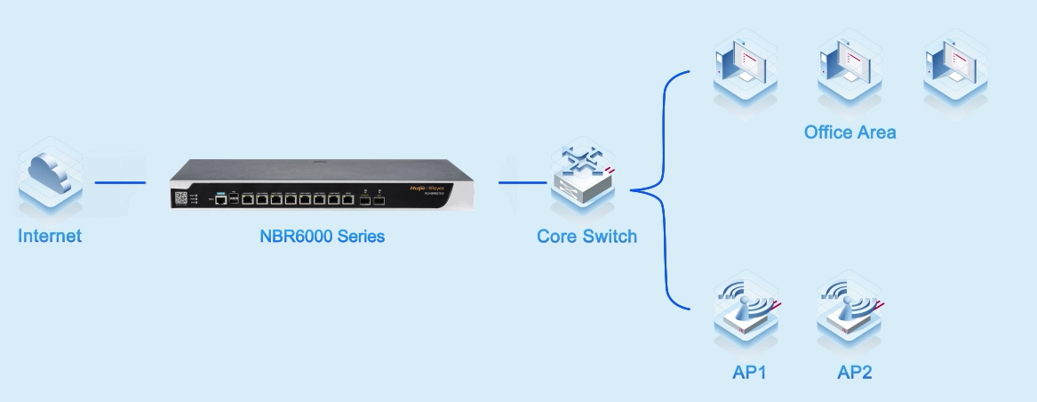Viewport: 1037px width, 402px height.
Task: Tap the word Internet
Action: (50, 237)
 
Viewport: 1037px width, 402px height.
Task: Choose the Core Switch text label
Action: (586, 237)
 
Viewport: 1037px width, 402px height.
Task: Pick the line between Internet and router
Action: (120, 184)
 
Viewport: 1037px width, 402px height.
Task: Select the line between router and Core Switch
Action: (522, 184)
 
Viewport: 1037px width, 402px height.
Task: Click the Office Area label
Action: (850, 133)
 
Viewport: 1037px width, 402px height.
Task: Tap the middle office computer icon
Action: (850, 68)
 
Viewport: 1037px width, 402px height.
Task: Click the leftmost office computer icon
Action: (745, 68)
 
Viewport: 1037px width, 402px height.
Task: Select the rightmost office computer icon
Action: (955, 68)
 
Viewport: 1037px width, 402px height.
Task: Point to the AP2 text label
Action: (854, 372)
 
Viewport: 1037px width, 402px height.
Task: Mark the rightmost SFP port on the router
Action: (379, 200)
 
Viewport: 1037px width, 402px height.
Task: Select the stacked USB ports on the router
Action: (234, 198)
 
